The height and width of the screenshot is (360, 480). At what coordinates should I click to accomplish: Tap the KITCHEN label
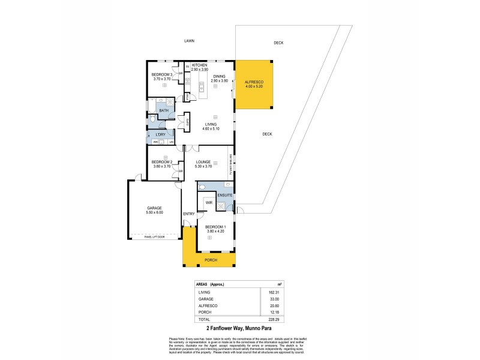click(199, 65)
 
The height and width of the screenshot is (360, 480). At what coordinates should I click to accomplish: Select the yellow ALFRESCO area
click(254, 83)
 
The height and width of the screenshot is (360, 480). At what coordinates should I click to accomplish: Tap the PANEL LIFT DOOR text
click(155, 238)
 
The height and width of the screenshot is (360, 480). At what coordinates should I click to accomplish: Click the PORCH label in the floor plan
click(211, 260)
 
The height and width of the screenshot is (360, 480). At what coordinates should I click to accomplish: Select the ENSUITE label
click(224, 196)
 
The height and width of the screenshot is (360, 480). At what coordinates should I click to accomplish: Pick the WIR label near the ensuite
click(209, 203)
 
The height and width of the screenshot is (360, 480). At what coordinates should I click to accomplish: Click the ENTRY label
click(188, 214)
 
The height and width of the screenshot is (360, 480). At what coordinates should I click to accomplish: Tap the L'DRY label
click(160, 134)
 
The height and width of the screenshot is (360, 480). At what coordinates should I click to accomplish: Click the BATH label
click(164, 110)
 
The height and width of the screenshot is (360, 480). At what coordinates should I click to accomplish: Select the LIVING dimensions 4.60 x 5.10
click(210, 128)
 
